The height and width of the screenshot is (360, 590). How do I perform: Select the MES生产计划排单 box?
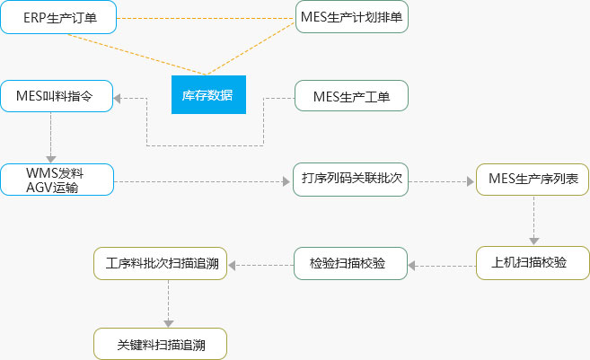[353, 18]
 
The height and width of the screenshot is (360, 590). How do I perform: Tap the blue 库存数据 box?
[207, 95]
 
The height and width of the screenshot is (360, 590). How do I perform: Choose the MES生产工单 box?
[353, 95]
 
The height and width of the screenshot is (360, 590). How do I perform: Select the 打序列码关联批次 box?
[351, 180]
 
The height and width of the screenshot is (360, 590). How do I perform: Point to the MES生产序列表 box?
[533, 180]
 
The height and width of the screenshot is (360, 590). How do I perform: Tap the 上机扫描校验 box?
[533, 263]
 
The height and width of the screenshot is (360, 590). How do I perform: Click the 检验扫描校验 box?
[351, 263]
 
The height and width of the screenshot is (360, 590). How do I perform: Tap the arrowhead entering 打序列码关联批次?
[287, 180]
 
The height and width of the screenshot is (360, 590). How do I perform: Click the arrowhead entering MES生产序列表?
[470, 180]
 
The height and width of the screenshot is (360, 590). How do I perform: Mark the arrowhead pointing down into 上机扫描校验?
[533, 241]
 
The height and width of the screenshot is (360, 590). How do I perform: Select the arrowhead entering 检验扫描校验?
[413, 264]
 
